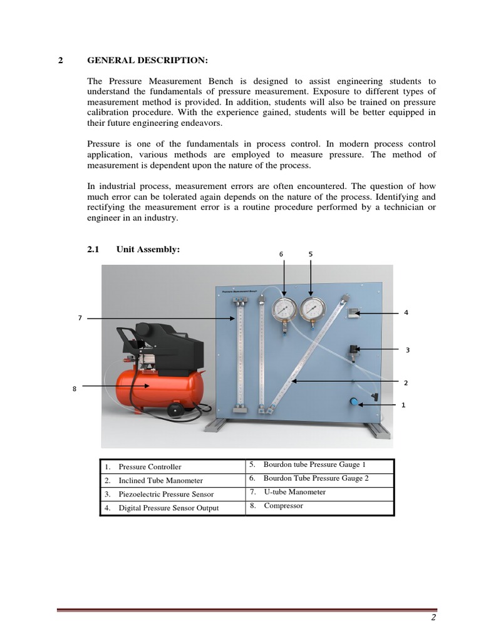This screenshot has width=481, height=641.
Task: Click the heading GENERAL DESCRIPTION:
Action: [147, 61]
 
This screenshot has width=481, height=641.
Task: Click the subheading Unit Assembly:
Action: [148, 249]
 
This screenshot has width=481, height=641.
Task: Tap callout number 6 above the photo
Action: [281, 254]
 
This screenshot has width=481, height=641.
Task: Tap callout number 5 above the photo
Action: [311, 254]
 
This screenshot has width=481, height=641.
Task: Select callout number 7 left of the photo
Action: [80, 318]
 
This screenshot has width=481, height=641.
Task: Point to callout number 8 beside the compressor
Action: [74, 388]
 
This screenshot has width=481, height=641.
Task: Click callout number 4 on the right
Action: [406, 312]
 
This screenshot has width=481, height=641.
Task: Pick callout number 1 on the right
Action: [403, 405]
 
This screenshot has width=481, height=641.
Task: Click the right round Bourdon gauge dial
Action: [313, 309]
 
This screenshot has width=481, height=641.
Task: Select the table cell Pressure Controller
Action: [150, 467]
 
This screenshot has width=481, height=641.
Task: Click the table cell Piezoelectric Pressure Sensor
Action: [166, 495]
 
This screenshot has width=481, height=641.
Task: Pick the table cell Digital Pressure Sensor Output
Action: [168, 508]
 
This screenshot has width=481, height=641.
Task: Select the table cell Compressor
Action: [283, 506]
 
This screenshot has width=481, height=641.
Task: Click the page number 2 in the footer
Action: [432, 618]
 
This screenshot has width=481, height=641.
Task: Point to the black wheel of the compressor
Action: [176, 409]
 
